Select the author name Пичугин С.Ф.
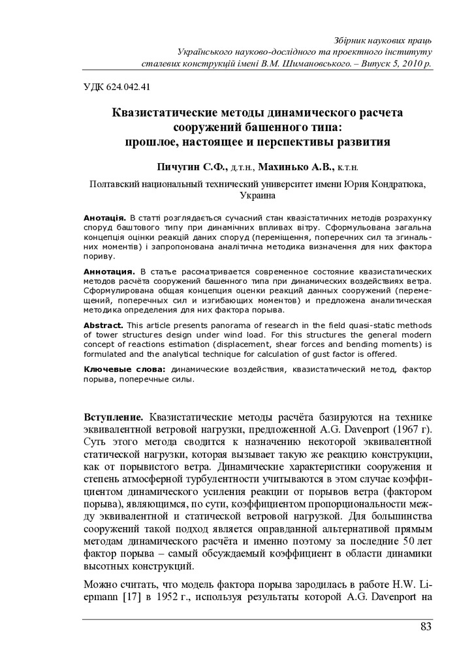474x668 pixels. pyautogui.click(x=189, y=167)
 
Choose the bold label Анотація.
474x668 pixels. pyautogui.click(x=104, y=216)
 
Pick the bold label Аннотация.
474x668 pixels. pyautogui.click(x=109, y=270)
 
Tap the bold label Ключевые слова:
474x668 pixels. pyautogui.click(x=126, y=370)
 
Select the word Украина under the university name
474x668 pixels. pyautogui.click(x=258, y=195)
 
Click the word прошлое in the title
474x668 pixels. pyautogui.click(x=152, y=140)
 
